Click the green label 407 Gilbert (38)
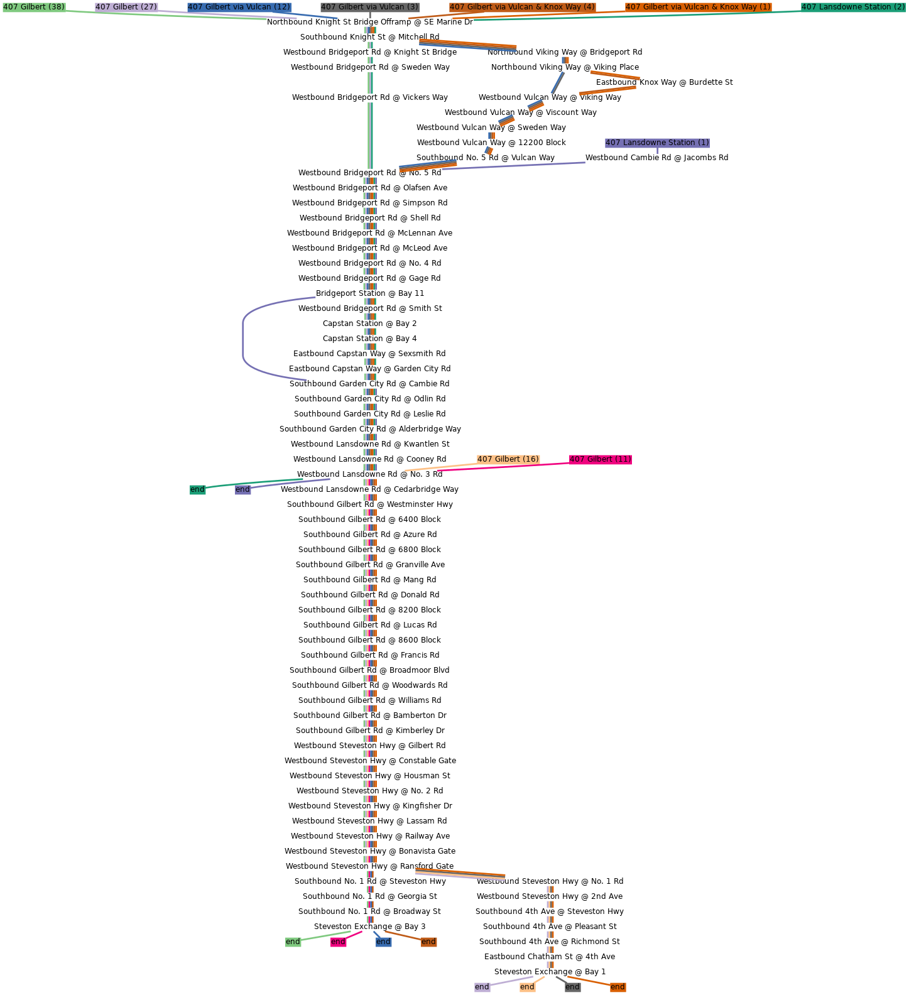(34, 7)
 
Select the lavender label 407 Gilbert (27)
(126, 7)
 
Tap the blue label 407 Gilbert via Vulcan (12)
(239, 7)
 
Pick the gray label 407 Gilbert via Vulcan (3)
(369, 7)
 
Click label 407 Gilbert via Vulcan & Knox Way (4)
(522, 7)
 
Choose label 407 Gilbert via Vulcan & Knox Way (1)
(698, 7)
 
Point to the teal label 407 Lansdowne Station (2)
(853, 7)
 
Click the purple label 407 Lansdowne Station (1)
(657, 143)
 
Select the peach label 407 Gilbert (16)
(508, 459)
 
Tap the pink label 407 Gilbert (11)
(600, 459)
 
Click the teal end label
(197, 489)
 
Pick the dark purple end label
(242, 489)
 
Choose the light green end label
(293, 942)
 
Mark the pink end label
(338, 942)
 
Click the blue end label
(383, 942)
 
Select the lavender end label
(482, 987)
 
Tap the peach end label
(527, 987)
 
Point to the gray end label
(572, 987)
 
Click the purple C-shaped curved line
(243, 339)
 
